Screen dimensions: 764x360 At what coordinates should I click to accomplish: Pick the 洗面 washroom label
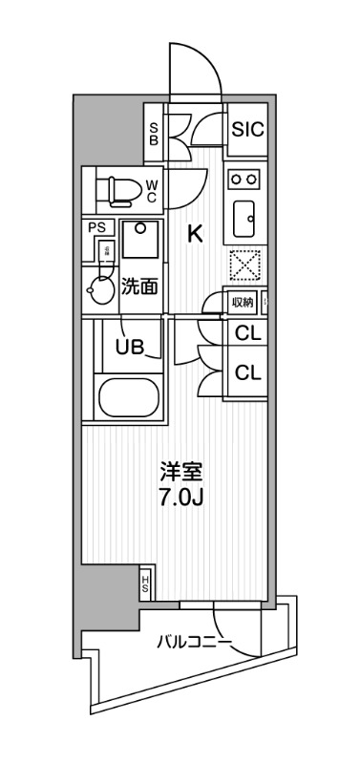click(139, 285)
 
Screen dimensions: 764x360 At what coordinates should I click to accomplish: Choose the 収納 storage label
click(243, 303)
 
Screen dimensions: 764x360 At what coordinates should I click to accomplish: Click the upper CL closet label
click(248, 334)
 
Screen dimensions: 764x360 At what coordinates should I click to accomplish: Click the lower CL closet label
click(248, 372)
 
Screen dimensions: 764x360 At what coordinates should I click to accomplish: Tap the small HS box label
click(145, 583)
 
